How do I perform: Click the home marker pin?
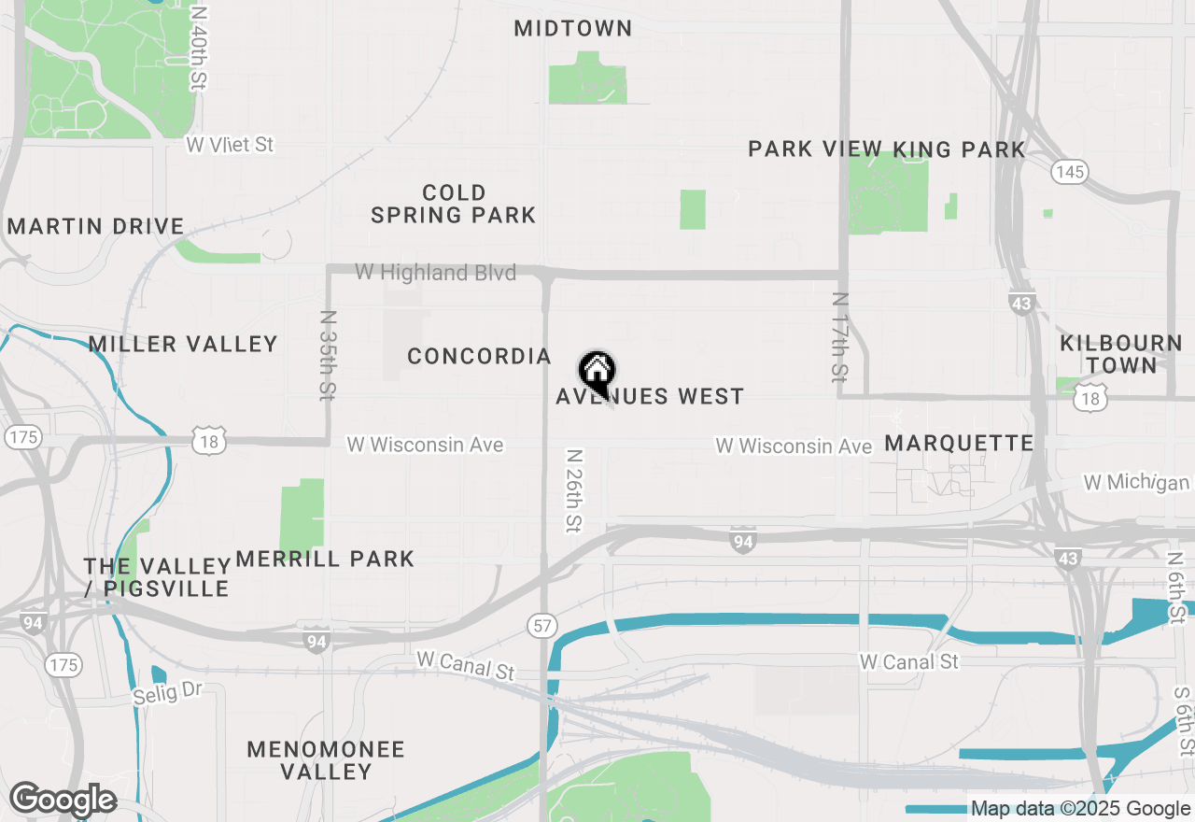pos(597,373)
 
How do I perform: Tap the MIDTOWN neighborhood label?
pos(573,29)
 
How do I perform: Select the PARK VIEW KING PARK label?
pos(887,149)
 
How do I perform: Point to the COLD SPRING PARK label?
pos(454,205)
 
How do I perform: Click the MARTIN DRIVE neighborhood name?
pos(95,227)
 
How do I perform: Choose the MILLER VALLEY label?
pos(184,345)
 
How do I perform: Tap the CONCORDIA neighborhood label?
pos(480,357)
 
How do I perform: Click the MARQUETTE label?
pos(959,443)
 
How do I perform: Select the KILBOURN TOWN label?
pos(1121,355)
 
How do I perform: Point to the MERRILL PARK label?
pos(325,560)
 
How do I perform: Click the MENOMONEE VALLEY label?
pos(326,760)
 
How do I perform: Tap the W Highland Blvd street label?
pos(435,273)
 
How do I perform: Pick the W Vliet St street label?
pos(230,145)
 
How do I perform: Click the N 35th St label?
pos(327,355)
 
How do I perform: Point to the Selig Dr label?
pos(167,694)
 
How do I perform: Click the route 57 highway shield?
pos(542,625)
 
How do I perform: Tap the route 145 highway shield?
pos(1068,171)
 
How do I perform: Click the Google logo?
pos(63,801)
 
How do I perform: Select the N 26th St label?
pos(574,491)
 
